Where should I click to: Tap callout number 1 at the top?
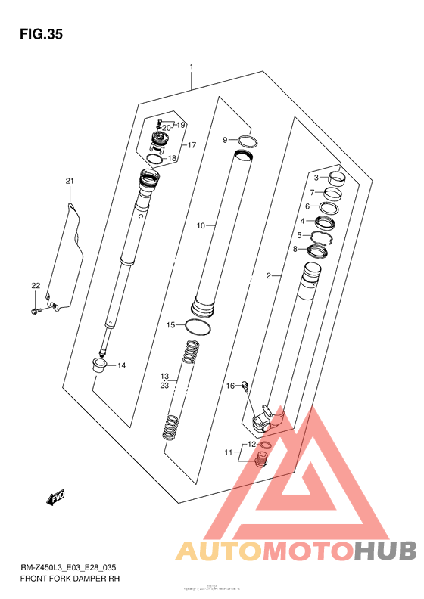click(x=192, y=67)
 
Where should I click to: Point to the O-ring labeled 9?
click(x=248, y=141)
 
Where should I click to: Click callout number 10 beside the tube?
click(x=201, y=225)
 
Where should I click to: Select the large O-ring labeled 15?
click(x=198, y=326)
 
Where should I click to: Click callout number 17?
click(x=192, y=144)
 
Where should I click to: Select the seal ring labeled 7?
click(x=332, y=194)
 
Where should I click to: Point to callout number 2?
click(x=268, y=277)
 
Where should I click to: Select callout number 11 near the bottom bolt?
click(x=226, y=452)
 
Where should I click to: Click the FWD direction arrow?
click(x=56, y=498)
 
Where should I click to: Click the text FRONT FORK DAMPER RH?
click(x=70, y=578)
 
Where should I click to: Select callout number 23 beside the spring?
click(x=164, y=384)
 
